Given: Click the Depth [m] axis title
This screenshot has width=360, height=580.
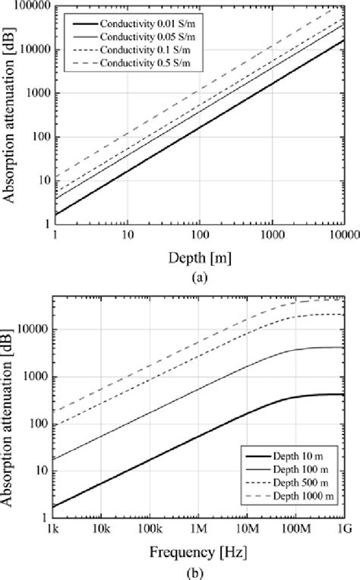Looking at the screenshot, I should tap(200, 259).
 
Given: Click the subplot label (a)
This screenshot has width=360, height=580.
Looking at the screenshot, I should tap(200, 277).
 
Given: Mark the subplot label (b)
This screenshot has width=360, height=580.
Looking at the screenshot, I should tap(200, 566).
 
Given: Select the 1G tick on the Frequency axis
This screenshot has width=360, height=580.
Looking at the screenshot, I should tap(345, 528).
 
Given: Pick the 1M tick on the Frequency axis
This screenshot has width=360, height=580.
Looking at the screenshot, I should tap(198, 528).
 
